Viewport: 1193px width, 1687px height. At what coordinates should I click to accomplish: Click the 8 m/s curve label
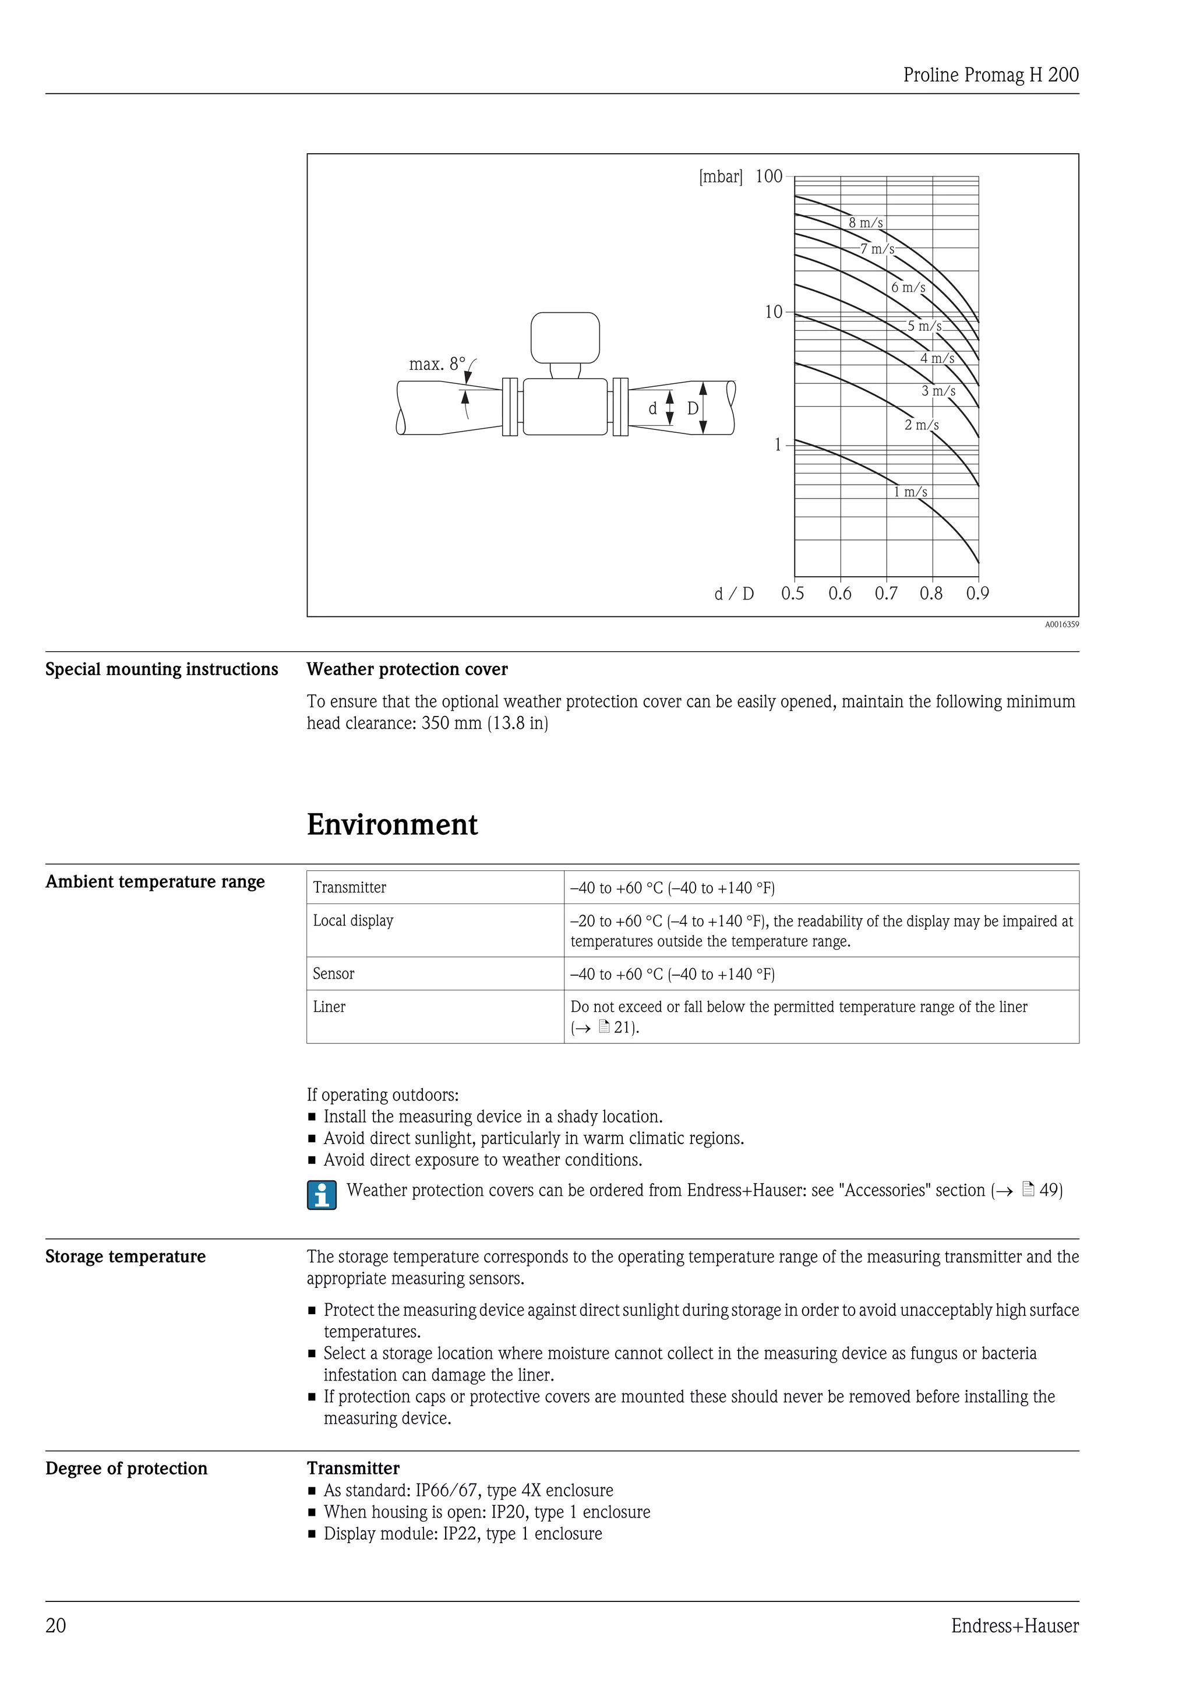tap(866, 223)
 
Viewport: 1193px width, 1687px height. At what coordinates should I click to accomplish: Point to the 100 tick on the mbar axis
tap(769, 177)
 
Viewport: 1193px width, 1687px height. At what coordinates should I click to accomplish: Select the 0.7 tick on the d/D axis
tap(886, 594)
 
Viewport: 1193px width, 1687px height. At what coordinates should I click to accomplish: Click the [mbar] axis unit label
tap(721, 177)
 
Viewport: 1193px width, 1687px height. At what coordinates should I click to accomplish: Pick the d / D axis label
tap(734, 594)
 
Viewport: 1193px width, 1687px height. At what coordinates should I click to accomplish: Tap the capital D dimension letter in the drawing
tap(693, 408)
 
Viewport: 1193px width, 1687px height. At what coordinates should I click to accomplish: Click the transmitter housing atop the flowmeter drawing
tap(565, 337)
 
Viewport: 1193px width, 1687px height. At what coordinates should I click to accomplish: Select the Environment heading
tap(392, 824)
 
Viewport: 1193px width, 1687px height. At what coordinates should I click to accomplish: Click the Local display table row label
tap(354, 920)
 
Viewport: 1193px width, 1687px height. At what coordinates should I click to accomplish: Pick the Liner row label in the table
tap(329, 1007)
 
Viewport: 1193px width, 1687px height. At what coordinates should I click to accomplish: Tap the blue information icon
tap(322, 1194)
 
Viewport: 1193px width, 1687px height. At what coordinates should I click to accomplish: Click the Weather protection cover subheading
tap(407, 669)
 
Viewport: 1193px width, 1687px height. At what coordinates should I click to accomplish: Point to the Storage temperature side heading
tap(126, 1257)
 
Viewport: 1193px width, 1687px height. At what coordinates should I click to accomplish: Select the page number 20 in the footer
tap(56, 1626)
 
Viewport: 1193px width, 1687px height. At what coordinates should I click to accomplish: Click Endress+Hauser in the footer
tap(1015, 1626)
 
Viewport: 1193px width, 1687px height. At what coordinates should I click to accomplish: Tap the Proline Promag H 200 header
tap(990, 75)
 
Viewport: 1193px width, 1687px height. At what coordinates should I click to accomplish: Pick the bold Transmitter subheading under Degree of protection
tap(354, 1468)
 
